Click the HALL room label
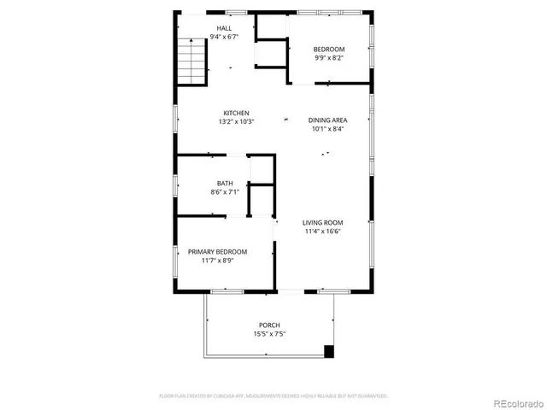coord(224,29)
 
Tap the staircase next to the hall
coord(193,61)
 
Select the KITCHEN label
coord(236,113)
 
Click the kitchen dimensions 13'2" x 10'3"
coord(236,121)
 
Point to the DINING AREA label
coord(328,120)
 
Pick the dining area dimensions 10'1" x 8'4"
coord(328,130)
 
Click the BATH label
coord(225,184)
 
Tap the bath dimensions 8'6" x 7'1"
coord(225,192)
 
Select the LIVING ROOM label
coord(322,222)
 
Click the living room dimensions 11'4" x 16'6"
coord(322,231)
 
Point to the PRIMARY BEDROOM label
coord(218,251)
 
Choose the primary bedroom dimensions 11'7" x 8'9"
coord(218,261)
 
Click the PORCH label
coord(269,325)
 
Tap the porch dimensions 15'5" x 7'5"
coord(269,335)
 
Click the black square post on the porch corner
coord(329,350)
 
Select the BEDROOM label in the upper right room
coord(329,50)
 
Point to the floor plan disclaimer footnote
coord(273,395)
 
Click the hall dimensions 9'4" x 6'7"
coord(224,38)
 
